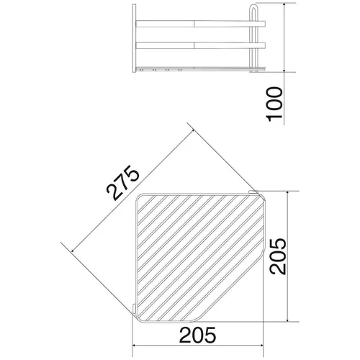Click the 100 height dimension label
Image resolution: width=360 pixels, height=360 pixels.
pyautogui.click(x=274, y=104)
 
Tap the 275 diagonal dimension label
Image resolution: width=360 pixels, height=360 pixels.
pyautogui.click(x=123, y=183)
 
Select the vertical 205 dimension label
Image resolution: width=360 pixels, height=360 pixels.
pyautogui.click(x=278, y=256)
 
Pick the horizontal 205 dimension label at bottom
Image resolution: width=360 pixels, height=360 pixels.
pyautogui.click(x=198, y=335)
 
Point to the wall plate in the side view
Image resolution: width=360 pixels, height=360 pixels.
pyautogui.click(x=134, y=38)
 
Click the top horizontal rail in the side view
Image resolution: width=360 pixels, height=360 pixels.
pyautogui.click(x=200, y=24)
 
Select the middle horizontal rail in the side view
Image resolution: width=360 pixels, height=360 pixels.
pyautogui.click(x=200, y=45)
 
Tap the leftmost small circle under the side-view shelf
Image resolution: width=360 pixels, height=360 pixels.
pyautogui.click(x=141, y=71)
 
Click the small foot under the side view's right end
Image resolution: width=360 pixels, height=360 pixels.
pyautogui.click(x=255, y=71)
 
